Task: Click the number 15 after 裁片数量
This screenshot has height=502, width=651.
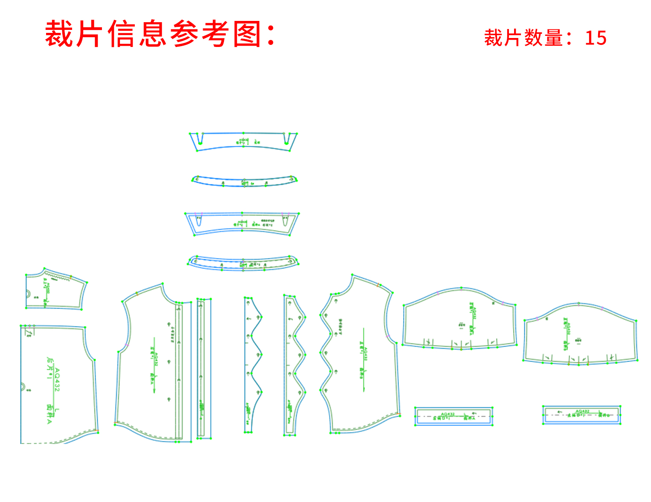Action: pyautogui.click(x=596, y=38)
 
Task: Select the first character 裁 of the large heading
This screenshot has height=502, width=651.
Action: pyautogui.click(x=59, y=34)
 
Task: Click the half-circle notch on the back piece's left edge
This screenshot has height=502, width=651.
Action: pyautogui.click(x=23, y=387)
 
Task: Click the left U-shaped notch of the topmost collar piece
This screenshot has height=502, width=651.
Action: pyautogui.click(x=200, y=139)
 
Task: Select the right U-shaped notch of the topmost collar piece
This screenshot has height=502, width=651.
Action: pyautogui.click(x=287, y=139)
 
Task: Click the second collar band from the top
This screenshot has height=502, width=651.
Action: pyautogui.click(x=244, y=181)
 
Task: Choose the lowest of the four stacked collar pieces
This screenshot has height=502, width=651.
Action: pyautogui.click(x=243, y=263)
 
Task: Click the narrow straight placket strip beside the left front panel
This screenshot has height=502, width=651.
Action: pyautogui.click(x=204, y=368)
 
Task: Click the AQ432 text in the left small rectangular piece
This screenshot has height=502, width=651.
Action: pyautogui.click(x=448, y=414)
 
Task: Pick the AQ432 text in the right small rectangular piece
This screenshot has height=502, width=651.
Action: pyautogui.click(x=582, y=411)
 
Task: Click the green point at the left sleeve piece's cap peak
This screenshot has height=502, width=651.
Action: pyautogui.click(x=461, y=289)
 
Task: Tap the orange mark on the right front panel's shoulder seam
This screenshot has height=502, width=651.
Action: pyautogui.click(x=378, y=284)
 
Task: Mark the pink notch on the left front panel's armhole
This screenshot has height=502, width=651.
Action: pyautogui.click(x=127, y=344)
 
